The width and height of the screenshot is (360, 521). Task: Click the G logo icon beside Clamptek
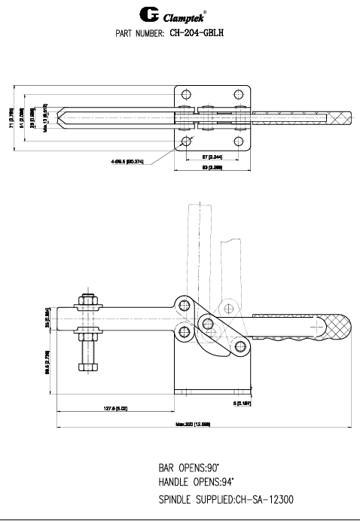150,14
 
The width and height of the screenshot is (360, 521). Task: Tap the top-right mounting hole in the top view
239,95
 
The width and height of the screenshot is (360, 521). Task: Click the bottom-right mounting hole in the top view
239,141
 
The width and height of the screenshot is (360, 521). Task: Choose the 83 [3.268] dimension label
213,168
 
